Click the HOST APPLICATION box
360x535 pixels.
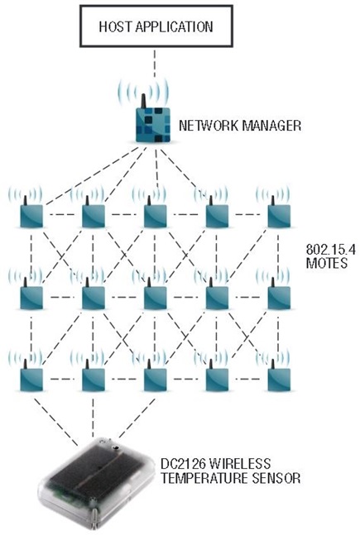(x=156, y=26)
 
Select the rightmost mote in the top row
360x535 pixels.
(x=280, y=217)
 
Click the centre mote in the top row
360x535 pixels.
(x=155, y=217)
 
